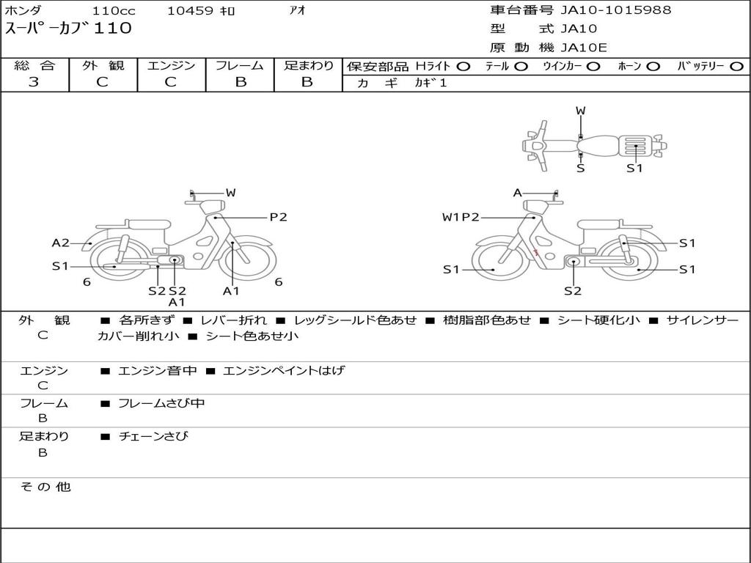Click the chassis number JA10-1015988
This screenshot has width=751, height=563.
tap(616, 10)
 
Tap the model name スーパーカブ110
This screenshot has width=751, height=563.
tap(68, 29)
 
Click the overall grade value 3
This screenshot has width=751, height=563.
tap(34, 82)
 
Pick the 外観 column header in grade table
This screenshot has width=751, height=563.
tap(103, 65)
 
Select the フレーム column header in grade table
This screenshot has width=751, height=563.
tap(240, 65)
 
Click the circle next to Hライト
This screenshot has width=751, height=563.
tap(464, 67)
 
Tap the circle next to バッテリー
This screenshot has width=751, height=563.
tap(736, 67)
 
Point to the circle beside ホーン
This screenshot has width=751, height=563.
tap(652, 67)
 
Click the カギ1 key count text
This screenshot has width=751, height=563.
tap(431, 83)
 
